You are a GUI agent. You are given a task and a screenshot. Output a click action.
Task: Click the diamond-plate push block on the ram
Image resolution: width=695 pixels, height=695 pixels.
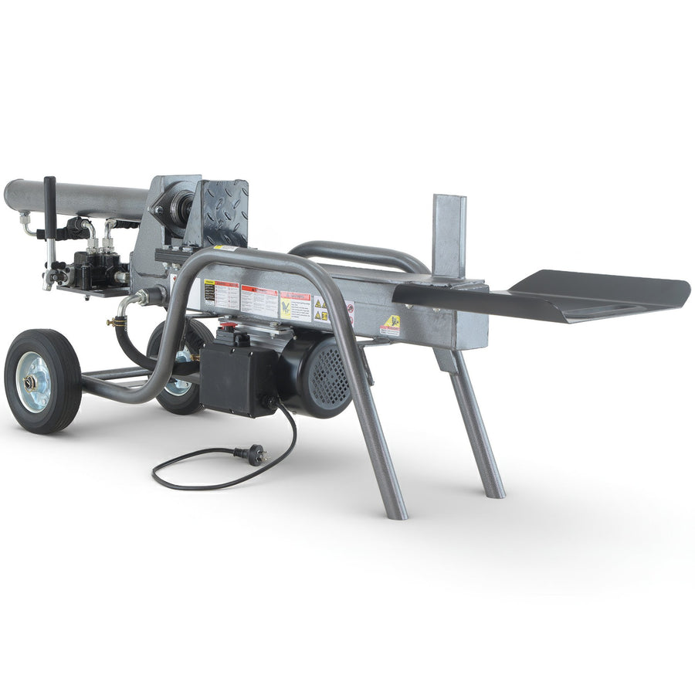224,210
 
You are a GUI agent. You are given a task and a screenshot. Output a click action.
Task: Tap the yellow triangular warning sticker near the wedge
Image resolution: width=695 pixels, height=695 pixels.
392,324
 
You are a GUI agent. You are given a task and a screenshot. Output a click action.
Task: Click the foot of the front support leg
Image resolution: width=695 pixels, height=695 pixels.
395,513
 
